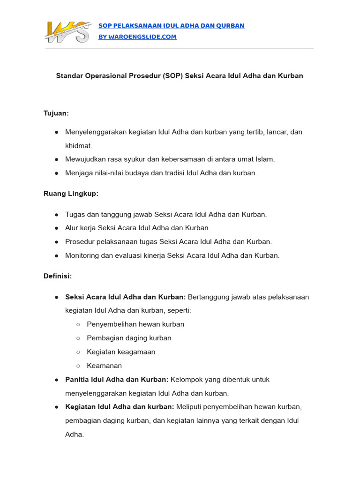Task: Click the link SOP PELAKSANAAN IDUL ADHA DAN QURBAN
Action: point(171,25)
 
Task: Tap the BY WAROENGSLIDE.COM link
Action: point(137,37)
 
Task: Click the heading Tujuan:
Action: point(56,113)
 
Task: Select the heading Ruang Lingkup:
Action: point(71,194)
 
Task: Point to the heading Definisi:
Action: point(58,276)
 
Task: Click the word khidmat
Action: point(79,146)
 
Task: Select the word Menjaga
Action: point(77,173)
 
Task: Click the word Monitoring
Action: point(82,255)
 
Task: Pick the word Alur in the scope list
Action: point(72,228)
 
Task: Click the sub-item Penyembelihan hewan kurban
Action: point(135,324)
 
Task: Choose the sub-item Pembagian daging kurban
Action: point(129,338)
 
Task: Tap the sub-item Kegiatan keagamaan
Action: point(121,352)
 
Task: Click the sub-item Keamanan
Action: point(104,366)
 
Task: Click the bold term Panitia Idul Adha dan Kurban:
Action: point(117,379)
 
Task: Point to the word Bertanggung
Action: point(208,297)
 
